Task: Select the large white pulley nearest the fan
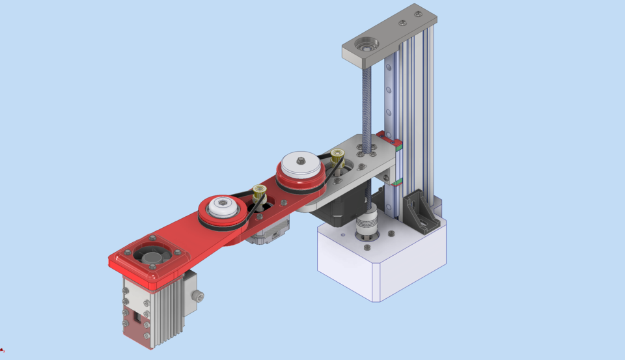pyautogui.click(x=222, y=210)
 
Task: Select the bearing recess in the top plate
pyautogui.click(x=365, y=46)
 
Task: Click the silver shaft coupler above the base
pyautogui.click(x=365, y=229)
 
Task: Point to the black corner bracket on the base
pyautogui.click(x=420, y=212)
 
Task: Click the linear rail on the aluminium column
pyautogui.click(x=390, y=98)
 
